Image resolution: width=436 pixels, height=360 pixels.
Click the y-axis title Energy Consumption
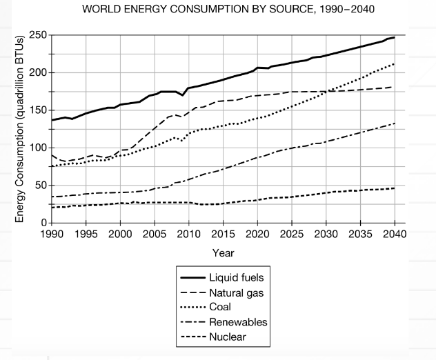pos(21,130)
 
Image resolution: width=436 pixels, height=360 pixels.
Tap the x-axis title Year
pos(223,253)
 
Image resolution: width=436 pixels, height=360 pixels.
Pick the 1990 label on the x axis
pos(52,234)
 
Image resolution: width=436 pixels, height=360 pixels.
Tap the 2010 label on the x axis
pos(188,234)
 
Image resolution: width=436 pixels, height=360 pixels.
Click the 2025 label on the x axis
pos(290,234)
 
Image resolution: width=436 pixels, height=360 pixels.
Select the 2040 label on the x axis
pos(393,234)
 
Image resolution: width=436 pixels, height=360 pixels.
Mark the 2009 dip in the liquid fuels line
pos(183,94)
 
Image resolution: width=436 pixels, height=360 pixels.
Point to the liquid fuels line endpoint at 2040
pos(393,37)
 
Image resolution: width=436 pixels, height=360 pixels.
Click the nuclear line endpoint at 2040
pos(393,188)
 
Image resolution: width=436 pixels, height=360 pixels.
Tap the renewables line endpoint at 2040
pos(393,124)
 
